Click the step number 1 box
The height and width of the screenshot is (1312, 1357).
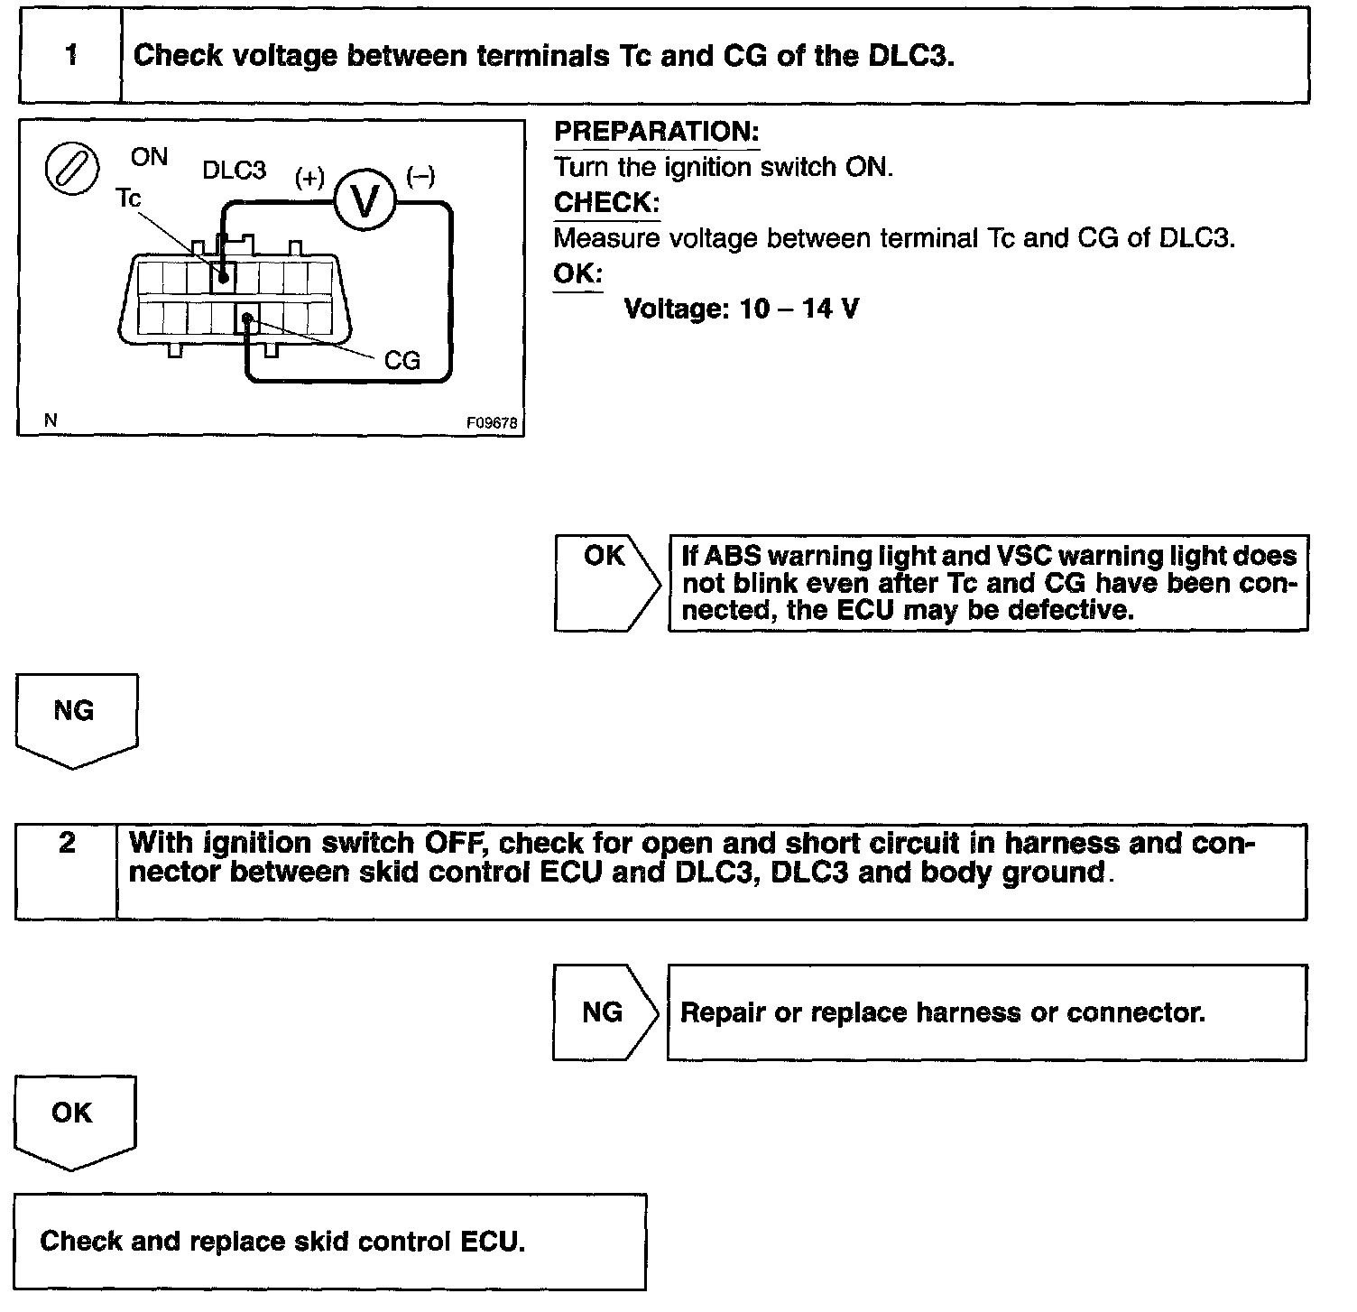pos(70,56)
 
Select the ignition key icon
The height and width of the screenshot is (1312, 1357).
pos(72,170)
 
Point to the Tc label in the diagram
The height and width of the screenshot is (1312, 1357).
pos(129,199)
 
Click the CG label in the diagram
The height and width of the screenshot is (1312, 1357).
pos(402,361)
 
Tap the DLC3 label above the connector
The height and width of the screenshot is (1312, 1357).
pos(234,171)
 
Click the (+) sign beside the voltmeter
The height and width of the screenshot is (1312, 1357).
pos(309,178)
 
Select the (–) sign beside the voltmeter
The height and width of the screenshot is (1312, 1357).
pos(420,176)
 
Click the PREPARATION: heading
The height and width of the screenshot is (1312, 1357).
pos(656,132)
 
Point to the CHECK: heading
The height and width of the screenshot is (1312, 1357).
pos(606,203)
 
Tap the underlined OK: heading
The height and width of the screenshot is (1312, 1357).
pos(577,273)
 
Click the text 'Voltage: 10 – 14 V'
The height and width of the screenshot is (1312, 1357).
pos(741,310)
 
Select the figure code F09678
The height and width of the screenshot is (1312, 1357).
pos(493,422)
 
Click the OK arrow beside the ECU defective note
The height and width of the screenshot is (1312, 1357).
pos(605,582)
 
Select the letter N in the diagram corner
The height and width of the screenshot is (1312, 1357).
pos(51,420)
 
